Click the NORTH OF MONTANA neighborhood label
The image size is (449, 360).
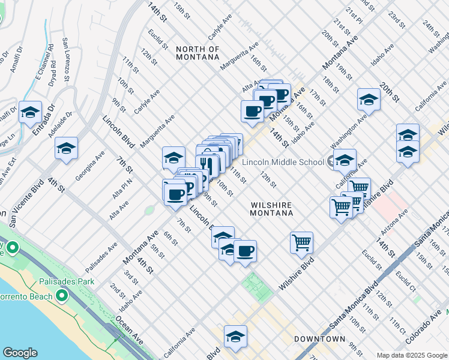[x=197, y=53]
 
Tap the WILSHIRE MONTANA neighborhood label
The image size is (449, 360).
[x=271, y=209]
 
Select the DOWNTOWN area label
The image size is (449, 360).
[x=319, y=339]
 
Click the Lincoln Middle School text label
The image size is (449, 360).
[x=283, y=162]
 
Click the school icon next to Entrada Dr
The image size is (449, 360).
[x=30, y=112]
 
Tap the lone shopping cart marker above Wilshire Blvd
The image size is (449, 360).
[x=301, y=242]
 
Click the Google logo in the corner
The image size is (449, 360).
[x=20, y=353]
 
